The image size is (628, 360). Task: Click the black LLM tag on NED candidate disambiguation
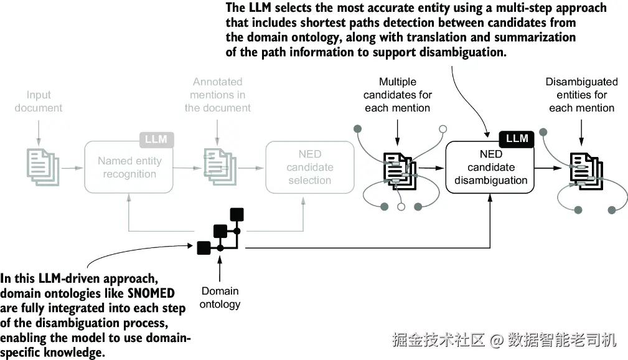coord(517,139)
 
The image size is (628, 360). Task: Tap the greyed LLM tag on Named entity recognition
coord(157,140)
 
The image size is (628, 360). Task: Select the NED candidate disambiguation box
coord(490,167)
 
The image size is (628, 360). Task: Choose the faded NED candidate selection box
coord(310,167)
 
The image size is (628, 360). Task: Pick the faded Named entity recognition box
coord(129,167)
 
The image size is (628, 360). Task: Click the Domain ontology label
coord(220,298)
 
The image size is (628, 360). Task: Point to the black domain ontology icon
coord(220,231)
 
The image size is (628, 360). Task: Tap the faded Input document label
coord(39,102)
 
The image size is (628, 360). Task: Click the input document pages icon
coord(43,167)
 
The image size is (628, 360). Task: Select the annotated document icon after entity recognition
coord(220,167)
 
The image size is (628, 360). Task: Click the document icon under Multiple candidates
coord(400,171)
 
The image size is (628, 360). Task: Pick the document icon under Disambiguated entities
coord(586,171)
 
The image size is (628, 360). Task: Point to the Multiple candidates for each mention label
coord(398,95)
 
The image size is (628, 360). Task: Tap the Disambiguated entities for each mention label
coord(581,95)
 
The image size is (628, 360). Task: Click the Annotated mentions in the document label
coord(217,95)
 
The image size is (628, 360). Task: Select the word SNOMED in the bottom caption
coord(151,293)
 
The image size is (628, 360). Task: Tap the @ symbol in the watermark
coord(497,340)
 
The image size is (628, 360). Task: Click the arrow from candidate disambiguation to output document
coord(548,168)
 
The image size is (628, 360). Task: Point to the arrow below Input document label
coord(39,133)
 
